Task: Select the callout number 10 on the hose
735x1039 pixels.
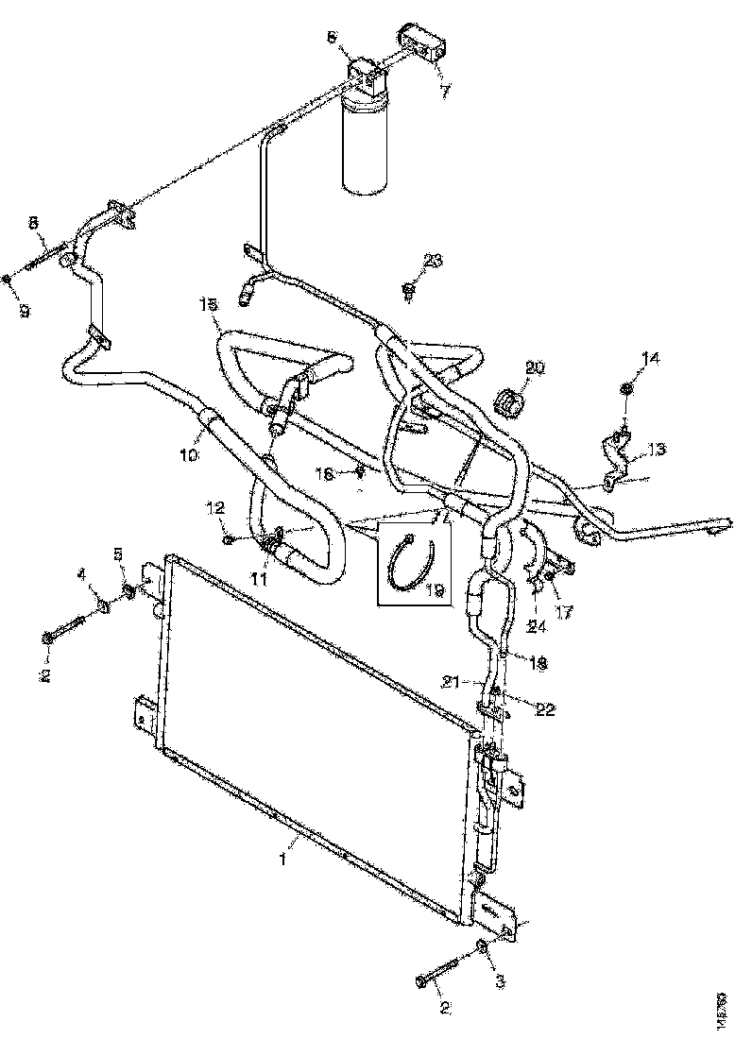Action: click(189, 455)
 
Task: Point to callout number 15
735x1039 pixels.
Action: click(208, 304)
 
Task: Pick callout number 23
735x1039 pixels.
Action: click(432, 261)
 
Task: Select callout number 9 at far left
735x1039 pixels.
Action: click(26, 311)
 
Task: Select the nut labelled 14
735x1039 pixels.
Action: click(626, 387)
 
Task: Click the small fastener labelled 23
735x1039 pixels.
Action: click(408, 288)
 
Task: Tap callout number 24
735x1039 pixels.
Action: click(537, 624)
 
